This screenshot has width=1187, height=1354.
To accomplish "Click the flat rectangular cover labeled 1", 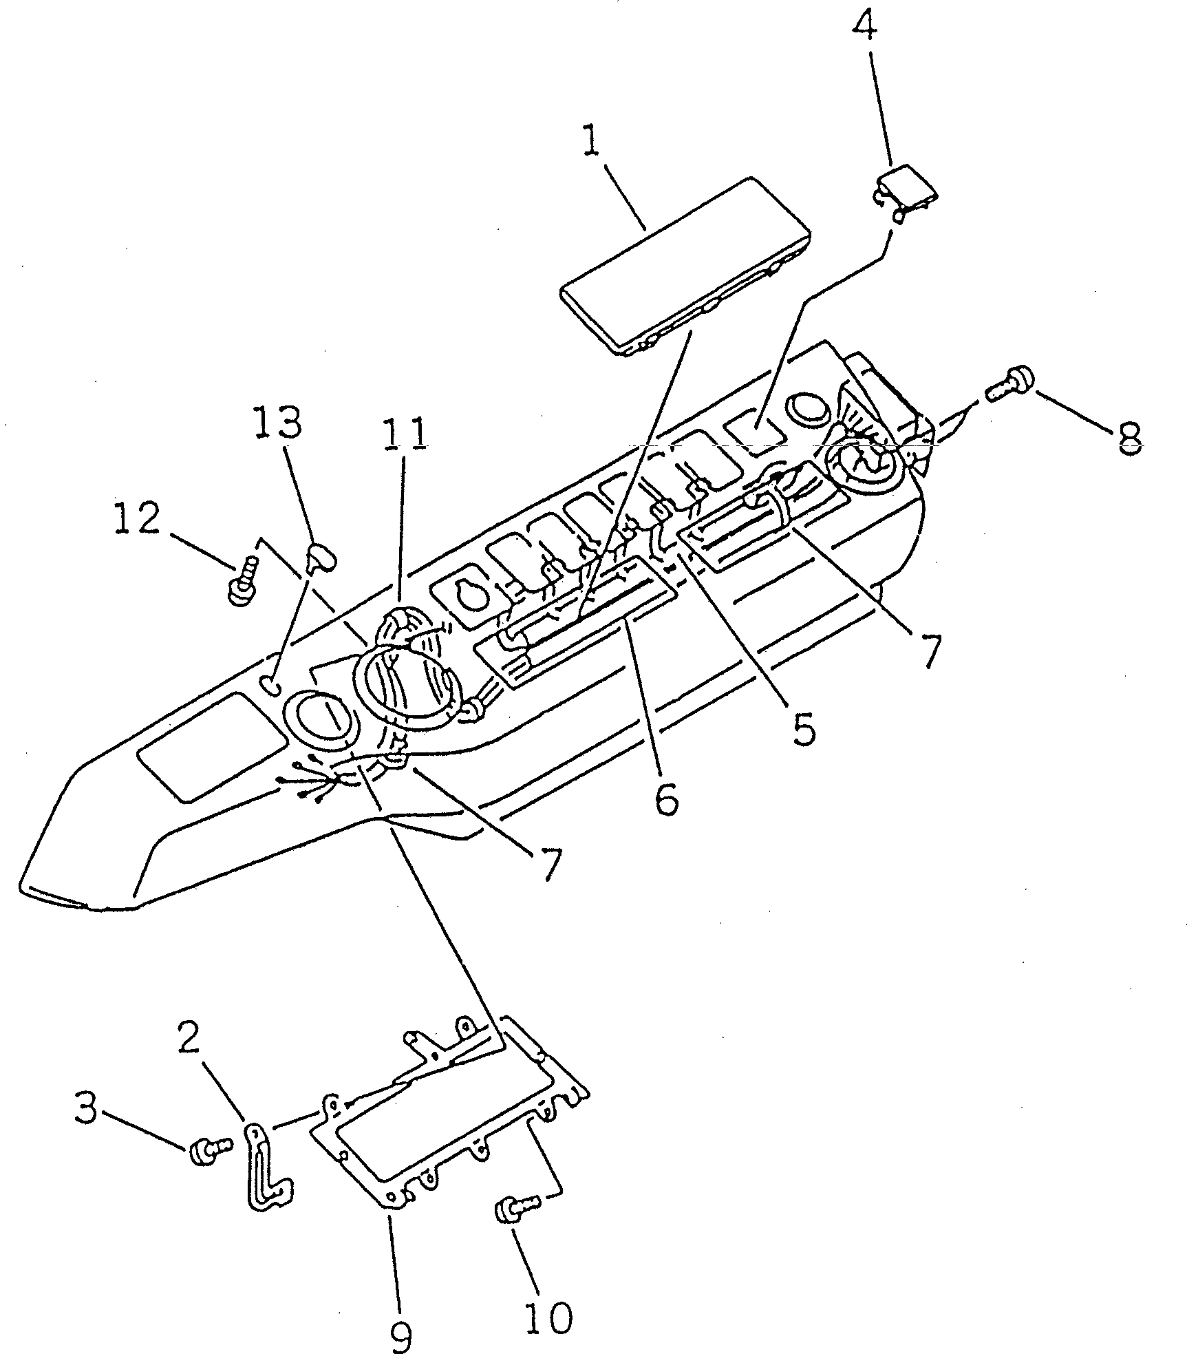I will point(685,265).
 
